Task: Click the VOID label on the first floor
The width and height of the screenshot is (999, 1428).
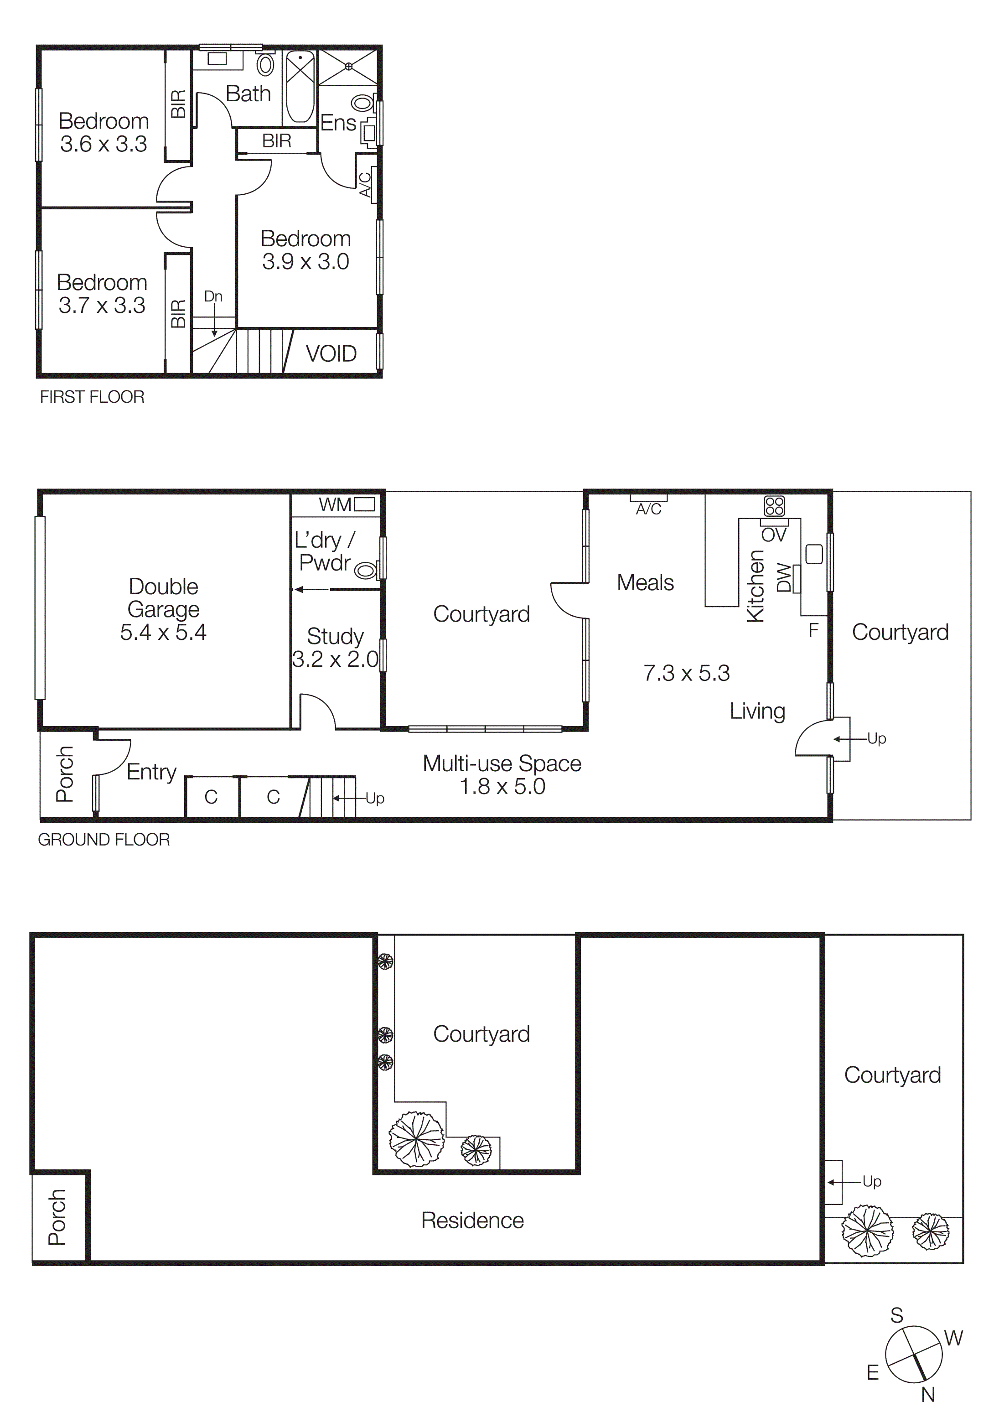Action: point(331,354)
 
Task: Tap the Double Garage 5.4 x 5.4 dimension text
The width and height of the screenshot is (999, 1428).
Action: point(163,633)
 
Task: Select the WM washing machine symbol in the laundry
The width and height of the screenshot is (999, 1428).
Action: point(364,504)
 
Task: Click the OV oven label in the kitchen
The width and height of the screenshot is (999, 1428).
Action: point(774,535)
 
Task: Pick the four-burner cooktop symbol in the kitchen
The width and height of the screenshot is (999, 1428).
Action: point(775,506)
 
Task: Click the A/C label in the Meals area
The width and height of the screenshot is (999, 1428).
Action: point(648,509)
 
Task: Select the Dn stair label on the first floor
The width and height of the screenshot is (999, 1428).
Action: point(213,296)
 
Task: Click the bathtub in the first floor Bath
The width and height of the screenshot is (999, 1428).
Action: point(300,87)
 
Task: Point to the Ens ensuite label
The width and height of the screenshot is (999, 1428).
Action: point(338,123)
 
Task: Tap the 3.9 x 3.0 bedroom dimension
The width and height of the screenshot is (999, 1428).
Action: point(305,262)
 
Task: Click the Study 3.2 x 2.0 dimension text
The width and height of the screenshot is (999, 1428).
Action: point(335,659)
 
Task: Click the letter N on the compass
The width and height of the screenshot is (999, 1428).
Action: point(927,1395)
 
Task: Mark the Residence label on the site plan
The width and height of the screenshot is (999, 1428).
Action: point(472,1221)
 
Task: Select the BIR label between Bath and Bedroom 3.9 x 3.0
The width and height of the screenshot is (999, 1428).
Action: point(277,141)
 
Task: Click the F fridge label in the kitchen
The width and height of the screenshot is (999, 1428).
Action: point(813,631)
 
